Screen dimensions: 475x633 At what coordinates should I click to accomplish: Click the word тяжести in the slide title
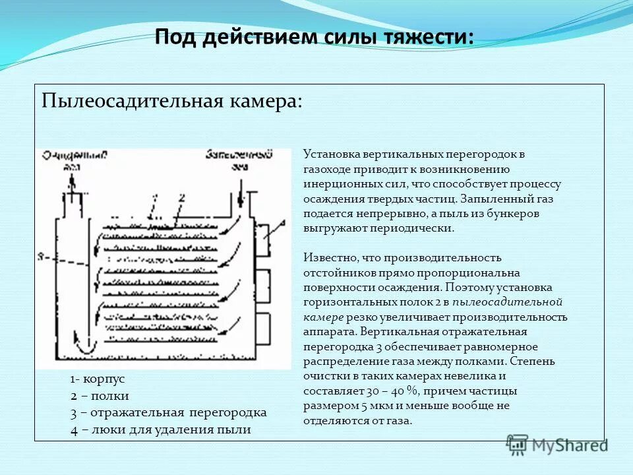coord(428,36)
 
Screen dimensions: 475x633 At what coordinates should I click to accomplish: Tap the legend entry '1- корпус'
coord(98,379)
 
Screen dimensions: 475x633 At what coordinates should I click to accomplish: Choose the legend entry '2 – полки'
coord(100,396)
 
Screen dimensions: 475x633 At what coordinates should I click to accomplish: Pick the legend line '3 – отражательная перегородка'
coord(168,413)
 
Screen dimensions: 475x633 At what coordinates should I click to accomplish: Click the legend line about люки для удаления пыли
coord(161,430)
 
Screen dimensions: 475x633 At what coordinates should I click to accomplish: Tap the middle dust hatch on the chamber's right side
coord(263,285)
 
